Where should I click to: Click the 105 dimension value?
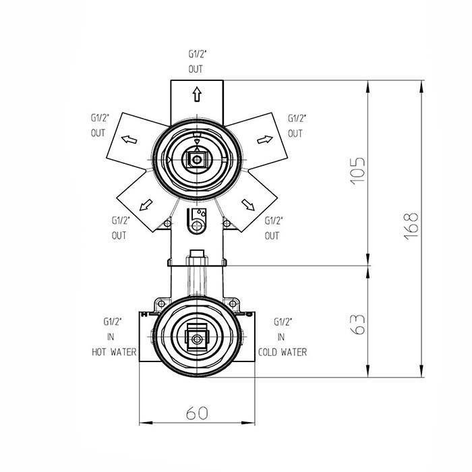click(357, 170)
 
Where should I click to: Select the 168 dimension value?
click(411, 226)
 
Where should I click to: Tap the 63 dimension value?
click(358, 324)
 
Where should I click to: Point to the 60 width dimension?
click(197, 413)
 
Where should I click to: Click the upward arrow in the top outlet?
click(197, 94)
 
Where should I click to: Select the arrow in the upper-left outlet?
click(129, 140)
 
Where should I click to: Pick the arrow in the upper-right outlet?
click(265, 140)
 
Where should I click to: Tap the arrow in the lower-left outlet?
click(146, 205)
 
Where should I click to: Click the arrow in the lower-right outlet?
click(248, 205)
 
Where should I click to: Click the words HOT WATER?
click(114, 352)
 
